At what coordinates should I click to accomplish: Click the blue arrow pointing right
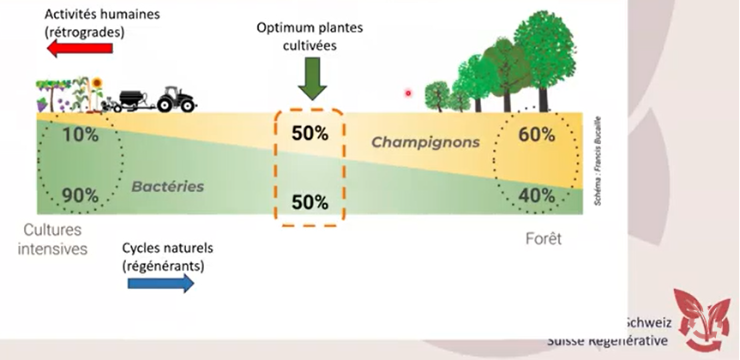coord(160,283)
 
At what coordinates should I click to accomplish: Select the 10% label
coord(80,135)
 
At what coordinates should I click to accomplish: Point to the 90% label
coord(80,195)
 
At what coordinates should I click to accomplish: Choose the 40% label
coord(537,195)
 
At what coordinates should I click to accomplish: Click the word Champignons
coord(425,141)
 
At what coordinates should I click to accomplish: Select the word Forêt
coord(543,239)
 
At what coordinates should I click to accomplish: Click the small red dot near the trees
coord(409,93)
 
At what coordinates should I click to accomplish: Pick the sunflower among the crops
coord(97,84)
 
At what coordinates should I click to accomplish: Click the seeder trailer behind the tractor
coord(131,99)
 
